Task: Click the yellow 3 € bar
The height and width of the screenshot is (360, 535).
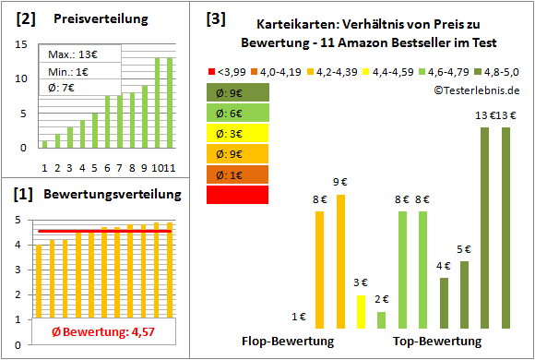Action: click(361, 312)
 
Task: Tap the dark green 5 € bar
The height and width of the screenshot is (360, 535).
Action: click(464, 295)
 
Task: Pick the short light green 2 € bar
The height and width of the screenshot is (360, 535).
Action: click(381, 320)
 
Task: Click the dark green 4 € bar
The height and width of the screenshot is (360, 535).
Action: click(444, 304)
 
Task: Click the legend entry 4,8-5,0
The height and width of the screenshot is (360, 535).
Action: click(499, 69)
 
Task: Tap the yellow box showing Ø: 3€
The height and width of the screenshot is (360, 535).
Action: click(238, 133)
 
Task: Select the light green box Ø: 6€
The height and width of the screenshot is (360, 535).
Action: click(238, 113)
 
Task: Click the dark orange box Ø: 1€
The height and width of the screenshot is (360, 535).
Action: click(238, 174)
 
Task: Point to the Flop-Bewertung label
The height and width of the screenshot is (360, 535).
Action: click(287, 342)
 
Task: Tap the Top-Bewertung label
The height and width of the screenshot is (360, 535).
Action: click(437, 342)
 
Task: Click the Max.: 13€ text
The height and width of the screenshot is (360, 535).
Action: click(70, 54)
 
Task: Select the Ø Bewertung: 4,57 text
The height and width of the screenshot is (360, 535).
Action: click(96, 331)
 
